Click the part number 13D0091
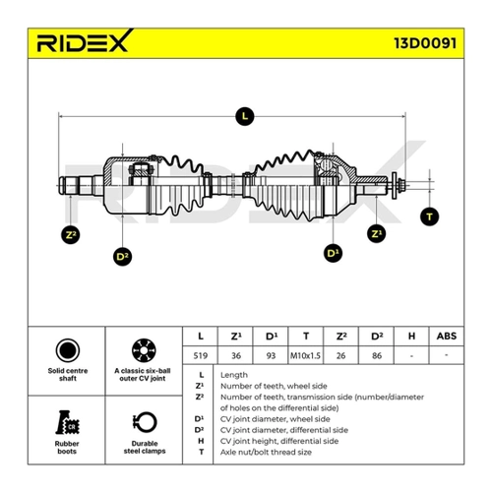point(425,43)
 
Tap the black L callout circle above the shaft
point(245,116)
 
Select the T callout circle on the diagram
point(429,216)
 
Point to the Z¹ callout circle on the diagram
point(376,233)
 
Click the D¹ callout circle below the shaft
point(333,253)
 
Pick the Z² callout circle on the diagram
point(71,235)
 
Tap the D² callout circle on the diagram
point(122,256)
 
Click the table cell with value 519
point(200,355)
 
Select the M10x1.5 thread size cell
point(305,355)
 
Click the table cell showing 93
point(271,355)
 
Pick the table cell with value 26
point(340,355)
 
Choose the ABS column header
point(447,336)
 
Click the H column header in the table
point(411,336)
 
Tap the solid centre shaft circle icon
point(68,350)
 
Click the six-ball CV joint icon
point(144,350)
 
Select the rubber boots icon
point(68,422)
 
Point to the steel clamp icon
point(145,422)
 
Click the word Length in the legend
point(234,375)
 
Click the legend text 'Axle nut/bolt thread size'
point(266,453)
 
